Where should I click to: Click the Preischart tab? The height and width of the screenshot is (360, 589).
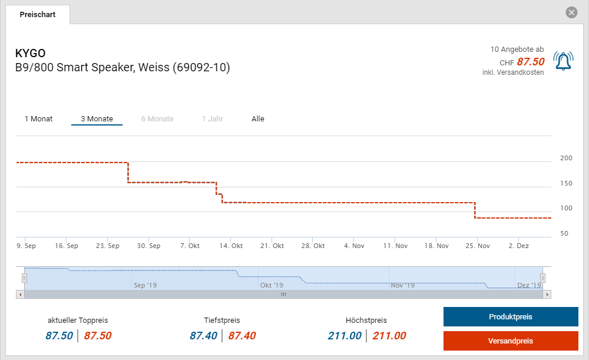pyautogui.click(x=38, y=14)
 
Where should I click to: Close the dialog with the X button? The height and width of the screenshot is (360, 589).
pyautogui.click(x=571, y=12)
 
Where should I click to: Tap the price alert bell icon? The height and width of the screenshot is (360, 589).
pyautogui.click(x=563, y=61)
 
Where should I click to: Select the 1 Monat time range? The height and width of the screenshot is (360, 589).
pyautogui.click(x=38, y=119)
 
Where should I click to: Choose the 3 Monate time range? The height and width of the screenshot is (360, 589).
pyautogui.click(x=97, y=119)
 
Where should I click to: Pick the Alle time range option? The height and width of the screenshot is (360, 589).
pyautogui.click(x=258, y=119)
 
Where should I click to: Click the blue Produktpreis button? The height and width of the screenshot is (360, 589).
pyautogui.click(x=510, y=317)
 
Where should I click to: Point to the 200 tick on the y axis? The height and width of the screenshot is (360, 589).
pyautogui.click(x=566, y=158)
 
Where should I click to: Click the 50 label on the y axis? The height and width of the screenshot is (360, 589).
pyautogui.click(x=564, y=234)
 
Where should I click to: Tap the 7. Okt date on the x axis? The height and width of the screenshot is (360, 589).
pyautogui.click(x=190, y=246)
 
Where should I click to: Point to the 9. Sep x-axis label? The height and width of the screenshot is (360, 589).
pyautogui.click(x=26, y=246)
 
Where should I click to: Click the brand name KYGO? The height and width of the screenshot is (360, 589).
pyautogui.click(x=31, y=54)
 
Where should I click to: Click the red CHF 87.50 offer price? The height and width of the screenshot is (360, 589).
pyautogui.click(x=530, y=62)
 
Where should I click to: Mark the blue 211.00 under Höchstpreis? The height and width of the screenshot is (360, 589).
pyautogui.click(x=345, y=336)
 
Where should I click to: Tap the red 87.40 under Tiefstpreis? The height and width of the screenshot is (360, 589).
pyautogui.click(x=241, y=336)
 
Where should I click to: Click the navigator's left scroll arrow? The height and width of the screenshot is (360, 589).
pyautogui.click(x=20, y=294)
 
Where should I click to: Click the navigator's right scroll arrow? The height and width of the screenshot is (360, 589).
pyautogui.click(x=547, y=294)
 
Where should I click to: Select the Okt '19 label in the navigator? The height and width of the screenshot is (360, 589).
pyautogui.click(x=272, y=285)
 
